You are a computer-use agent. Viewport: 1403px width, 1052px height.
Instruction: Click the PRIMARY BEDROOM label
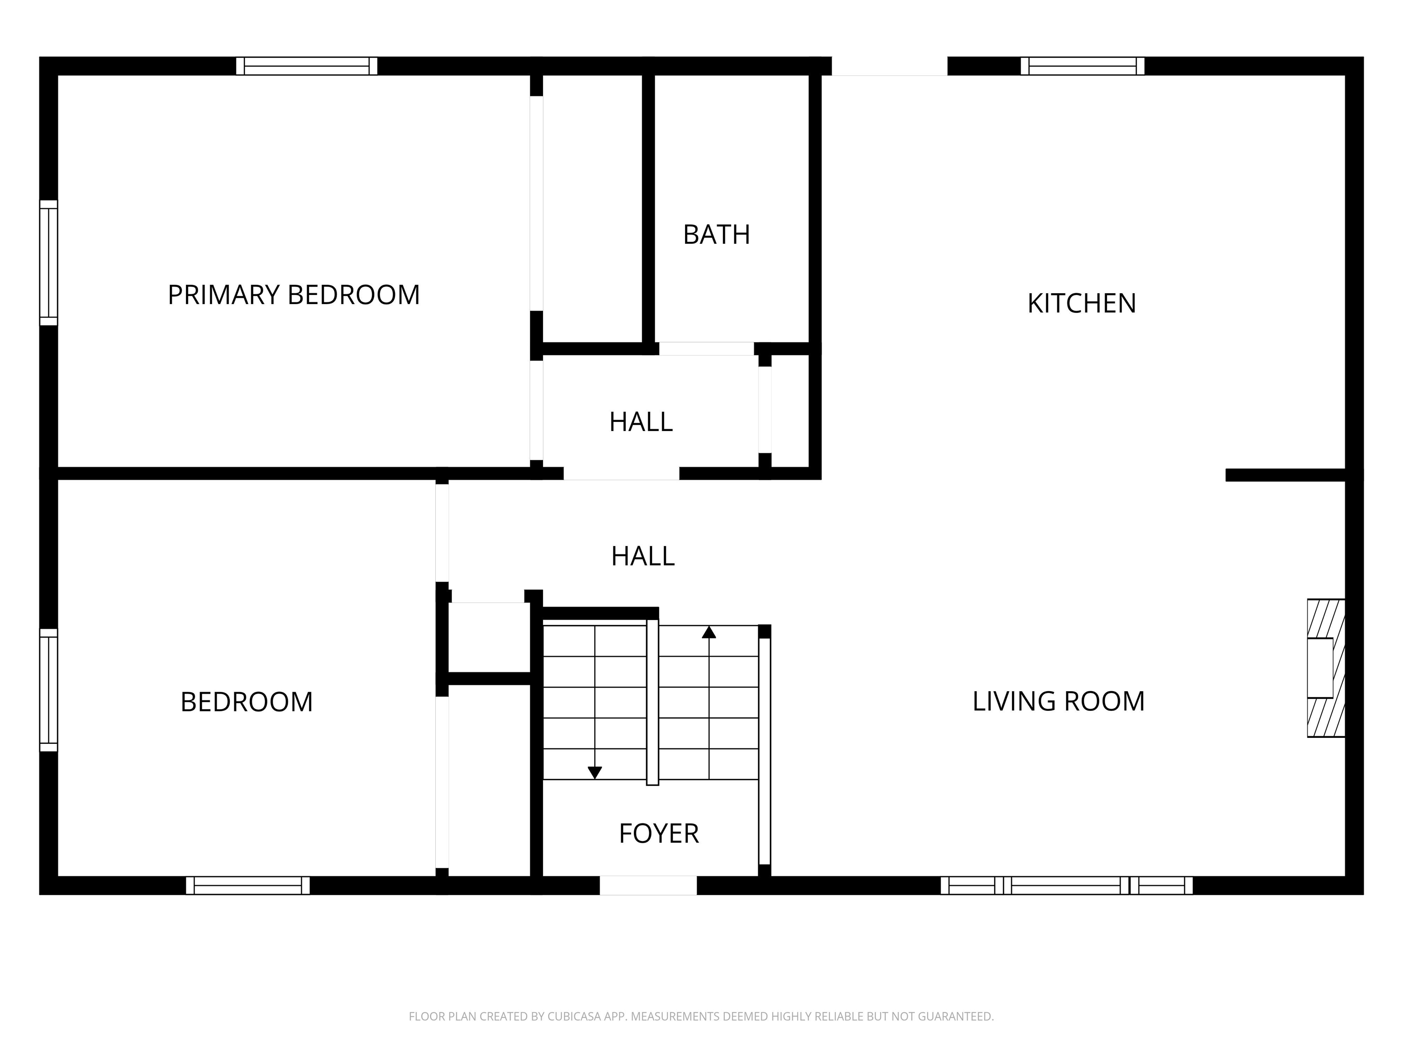(x=294, y=295)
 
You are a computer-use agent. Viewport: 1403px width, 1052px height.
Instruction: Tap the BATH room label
(x=716, y=235)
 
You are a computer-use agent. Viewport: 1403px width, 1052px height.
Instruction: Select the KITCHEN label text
(x=1081, y=303)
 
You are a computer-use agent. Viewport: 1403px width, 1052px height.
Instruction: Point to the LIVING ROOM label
(x=1059, y=701)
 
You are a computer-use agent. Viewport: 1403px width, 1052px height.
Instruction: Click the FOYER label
(x=659, y=833)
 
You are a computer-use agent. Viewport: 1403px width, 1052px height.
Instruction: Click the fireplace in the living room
(x=1326, y=668)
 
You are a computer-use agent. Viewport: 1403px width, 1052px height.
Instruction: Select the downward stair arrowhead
(x=594, y=773)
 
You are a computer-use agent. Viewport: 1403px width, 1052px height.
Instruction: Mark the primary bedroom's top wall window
(x=307, y=66)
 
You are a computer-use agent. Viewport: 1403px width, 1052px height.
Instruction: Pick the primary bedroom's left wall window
(x=49, y=263)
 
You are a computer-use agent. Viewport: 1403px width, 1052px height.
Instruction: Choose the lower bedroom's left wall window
(x=49, y=690)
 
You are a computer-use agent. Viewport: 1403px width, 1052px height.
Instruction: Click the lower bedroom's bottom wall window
(x=248, y=885)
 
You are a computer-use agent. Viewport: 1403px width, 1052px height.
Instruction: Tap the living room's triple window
(x=1066, y=885)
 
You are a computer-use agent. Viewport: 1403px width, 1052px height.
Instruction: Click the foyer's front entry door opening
(x=648, y=885)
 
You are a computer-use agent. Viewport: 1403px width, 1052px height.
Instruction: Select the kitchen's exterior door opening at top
(x=889, y=66)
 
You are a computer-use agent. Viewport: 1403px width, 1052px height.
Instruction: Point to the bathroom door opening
(x=706, y=349)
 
